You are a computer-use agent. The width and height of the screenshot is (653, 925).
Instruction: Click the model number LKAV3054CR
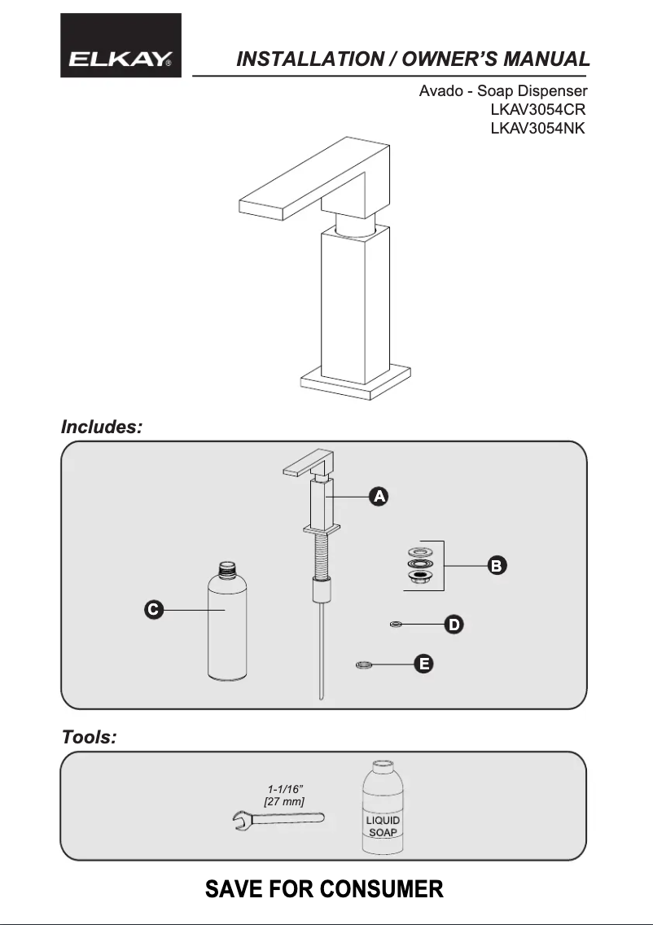point(537,109)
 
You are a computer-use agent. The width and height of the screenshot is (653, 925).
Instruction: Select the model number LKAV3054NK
point(537,129)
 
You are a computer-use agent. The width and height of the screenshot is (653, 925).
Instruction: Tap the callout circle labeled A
point(379,496)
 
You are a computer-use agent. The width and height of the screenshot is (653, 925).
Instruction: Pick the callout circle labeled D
point(454,625)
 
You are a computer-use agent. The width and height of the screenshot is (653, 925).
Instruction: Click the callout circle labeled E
point(423,665)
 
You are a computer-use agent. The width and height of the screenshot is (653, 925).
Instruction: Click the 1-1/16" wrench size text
point(286,789)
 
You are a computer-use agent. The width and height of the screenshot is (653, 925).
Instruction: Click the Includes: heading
point(102,427)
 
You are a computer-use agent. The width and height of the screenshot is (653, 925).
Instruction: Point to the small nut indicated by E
point(364,666)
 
